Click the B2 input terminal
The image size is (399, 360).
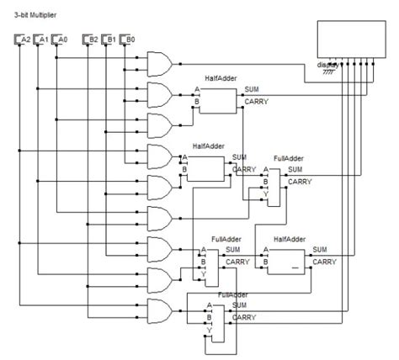click(91, 40)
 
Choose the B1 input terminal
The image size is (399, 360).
click(109, 40)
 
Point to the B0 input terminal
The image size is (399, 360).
click(128, 40)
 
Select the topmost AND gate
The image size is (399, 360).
click(159, 62)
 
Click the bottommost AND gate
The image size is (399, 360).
click(159, 310)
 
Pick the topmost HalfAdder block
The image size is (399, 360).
click(217, 100)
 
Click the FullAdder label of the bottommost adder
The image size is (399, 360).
click(232, 295)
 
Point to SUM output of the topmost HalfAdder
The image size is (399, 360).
click(252, 89)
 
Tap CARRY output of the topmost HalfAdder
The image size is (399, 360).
click(256, 101)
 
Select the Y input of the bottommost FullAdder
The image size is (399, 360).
click(209, 331)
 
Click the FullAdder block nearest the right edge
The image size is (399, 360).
click(274, 181)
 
